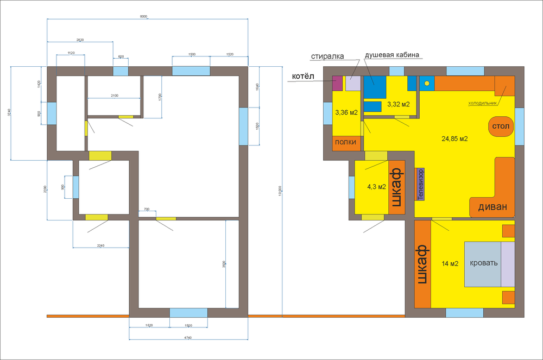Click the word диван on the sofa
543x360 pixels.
coord(493,207)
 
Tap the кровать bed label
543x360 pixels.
coord(483,263)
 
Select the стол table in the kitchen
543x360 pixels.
coord(500,127)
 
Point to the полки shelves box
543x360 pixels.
coord(345,142)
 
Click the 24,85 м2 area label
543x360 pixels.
coord(454,139)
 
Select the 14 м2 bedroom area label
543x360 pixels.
coord(450,264)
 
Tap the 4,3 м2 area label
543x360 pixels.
coord(376,187)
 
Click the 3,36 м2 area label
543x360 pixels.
coord(346,113)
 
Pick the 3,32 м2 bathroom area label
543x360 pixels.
coord(398,104)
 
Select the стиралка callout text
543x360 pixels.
coord(327,56)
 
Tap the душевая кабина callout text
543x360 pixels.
coord(392,55)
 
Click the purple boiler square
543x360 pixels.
coord(337,83)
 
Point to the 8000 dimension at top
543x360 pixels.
coord(143,17)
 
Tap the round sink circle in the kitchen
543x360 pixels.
coord(427,83)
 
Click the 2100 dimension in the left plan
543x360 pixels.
coord(114,96)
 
